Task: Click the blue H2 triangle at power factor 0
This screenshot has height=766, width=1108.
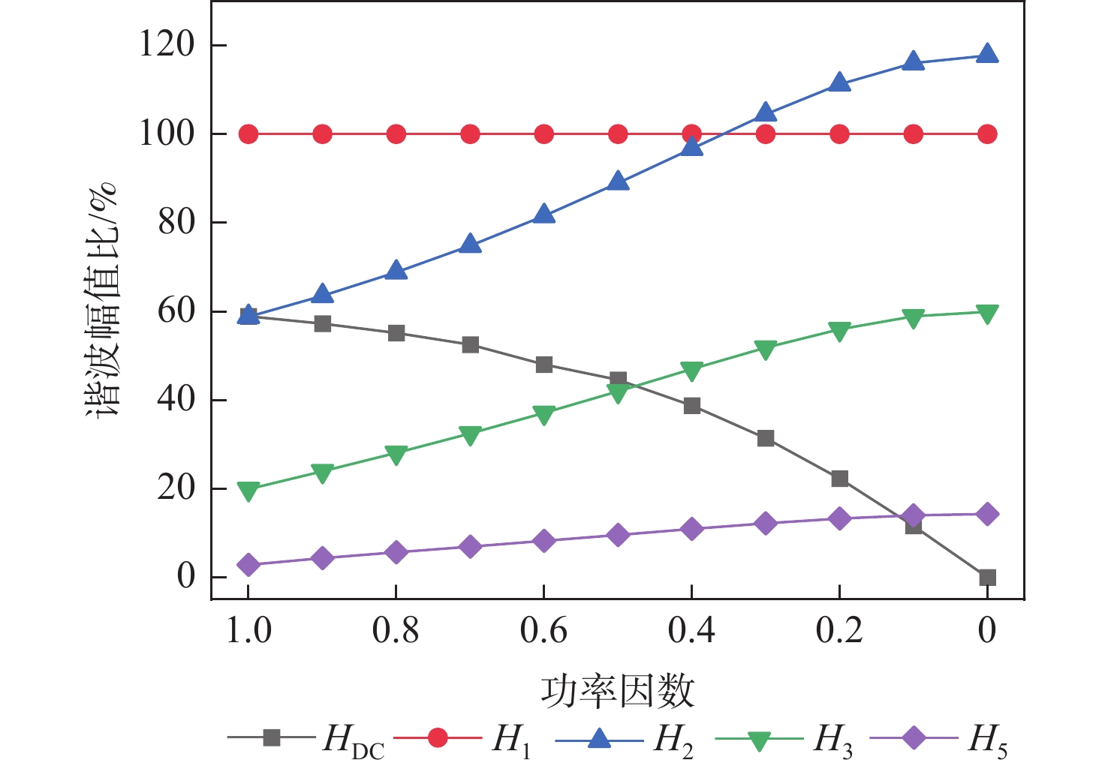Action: [x=987, y=54]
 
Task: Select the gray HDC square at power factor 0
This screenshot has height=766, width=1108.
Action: [x=987, y=577]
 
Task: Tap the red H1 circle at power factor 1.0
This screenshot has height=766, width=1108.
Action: [x=248, y=134]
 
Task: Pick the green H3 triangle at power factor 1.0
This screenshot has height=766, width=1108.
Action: [x=248, y=491]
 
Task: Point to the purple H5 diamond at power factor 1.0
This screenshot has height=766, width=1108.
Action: [x=248, y=565]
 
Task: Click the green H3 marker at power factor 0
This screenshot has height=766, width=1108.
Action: [x=987, y=314]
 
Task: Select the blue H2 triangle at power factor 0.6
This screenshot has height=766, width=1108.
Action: [x=544, y=215]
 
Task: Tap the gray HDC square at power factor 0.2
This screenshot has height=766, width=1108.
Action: [x=839, y=479]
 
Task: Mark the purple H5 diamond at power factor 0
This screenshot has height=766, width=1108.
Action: [x=987, y=514]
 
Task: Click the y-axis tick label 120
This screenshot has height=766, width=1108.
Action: [x=167, y=45]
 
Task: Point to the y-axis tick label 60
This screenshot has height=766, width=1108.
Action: [x=176, y=311]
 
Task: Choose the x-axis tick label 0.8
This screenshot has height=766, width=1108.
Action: [x=396, y=630]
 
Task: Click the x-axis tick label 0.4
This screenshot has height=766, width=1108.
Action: [x=691, y=630]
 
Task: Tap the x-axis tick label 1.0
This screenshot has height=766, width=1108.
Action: [x=248, y=630]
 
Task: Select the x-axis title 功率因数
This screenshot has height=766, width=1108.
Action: [x=617, y=691]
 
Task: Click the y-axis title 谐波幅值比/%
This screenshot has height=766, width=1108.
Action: [x=101, y=300]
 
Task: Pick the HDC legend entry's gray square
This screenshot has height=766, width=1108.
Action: [x=272, y=738]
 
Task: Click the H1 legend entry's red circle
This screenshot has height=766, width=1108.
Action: [x=438, y=738]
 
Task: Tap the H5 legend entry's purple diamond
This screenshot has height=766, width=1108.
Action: [x=914, y=738]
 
